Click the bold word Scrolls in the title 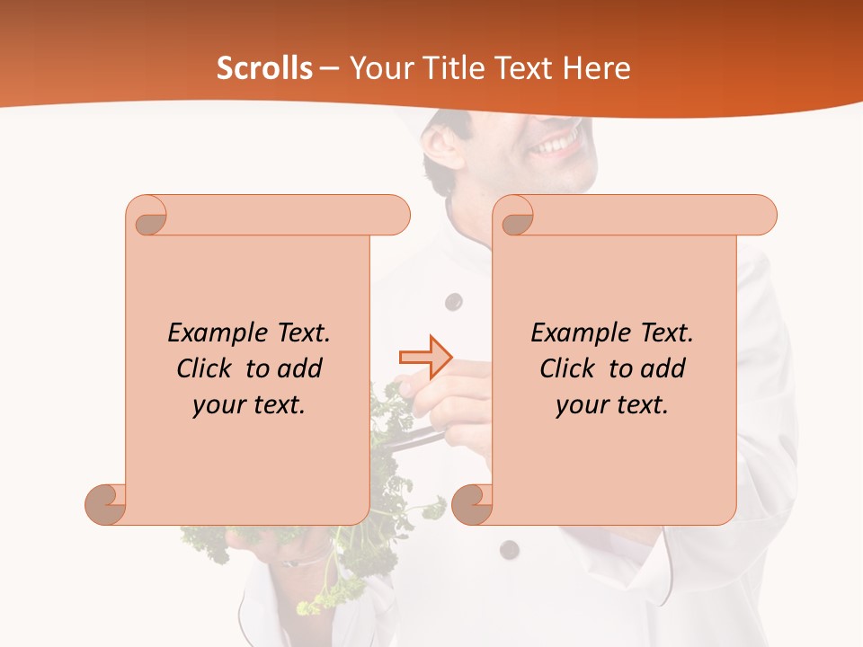point(264,68)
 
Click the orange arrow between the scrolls point(425,357)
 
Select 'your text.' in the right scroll point(612,404)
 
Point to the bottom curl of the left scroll point(105,504)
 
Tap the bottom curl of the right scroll point(472,504)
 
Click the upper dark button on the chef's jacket point(454,301)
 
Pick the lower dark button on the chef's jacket point(510,549)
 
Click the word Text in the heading point(529,68)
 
